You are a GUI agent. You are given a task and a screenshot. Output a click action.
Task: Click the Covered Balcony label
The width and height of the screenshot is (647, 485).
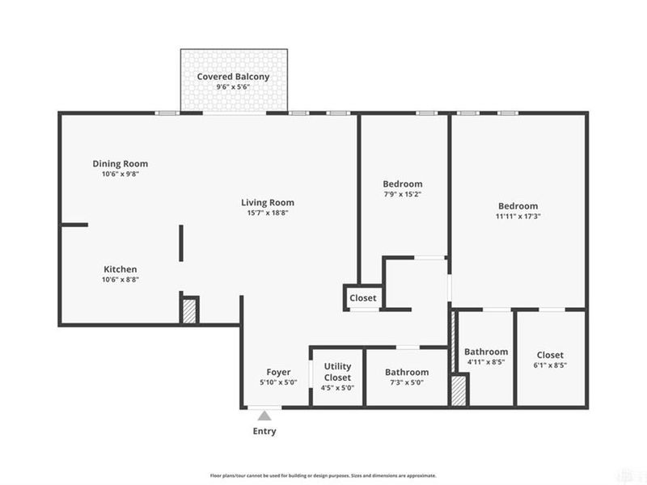[x=233, y=77]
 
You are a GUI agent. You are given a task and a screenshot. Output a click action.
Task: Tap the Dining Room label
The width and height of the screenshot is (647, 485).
[x=120, y=163]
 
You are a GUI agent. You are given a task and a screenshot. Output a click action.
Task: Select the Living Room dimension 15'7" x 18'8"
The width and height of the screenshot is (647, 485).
[x=267, y=213]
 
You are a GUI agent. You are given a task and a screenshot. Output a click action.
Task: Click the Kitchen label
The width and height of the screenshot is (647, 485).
[x=120, y=269]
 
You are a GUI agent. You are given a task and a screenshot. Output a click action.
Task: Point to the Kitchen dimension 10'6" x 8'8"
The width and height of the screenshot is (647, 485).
[x=120, y=280]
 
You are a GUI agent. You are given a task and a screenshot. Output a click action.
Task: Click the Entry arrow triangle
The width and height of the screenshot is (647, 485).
[x=264, y=415]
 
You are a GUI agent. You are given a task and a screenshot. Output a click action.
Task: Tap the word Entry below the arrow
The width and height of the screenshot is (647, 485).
[x=264, y=431]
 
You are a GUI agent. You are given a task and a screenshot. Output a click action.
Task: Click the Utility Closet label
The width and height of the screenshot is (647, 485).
[x=337, y=373]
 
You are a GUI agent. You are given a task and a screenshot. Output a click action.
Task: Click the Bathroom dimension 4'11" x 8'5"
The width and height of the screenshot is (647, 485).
[x=485, y=363]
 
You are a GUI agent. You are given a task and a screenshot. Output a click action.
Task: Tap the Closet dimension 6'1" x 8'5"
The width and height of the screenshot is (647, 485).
[x=550, y=365]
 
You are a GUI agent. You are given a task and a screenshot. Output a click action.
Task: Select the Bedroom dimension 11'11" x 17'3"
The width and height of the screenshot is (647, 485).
[x=518, y=217]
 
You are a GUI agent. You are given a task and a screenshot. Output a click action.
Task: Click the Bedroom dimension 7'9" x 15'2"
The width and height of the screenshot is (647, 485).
[x=403, y=194]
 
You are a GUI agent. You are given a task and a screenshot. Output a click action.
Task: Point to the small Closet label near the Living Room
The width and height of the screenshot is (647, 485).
[x=363, y=298]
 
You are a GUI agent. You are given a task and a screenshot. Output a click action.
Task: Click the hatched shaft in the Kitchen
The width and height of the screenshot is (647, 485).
[x=189, y=310]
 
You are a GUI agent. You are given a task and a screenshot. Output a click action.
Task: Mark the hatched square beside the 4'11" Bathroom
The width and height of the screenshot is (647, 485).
[x=459, y=391]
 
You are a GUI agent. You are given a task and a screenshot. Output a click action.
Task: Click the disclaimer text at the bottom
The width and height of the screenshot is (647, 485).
[x=323, y=475]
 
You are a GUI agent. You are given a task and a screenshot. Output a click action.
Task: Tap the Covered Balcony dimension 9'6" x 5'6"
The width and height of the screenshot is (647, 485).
[x=233, y=87]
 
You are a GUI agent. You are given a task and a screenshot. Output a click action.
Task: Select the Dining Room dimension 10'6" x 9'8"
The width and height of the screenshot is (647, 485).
[x=120, y=174]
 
